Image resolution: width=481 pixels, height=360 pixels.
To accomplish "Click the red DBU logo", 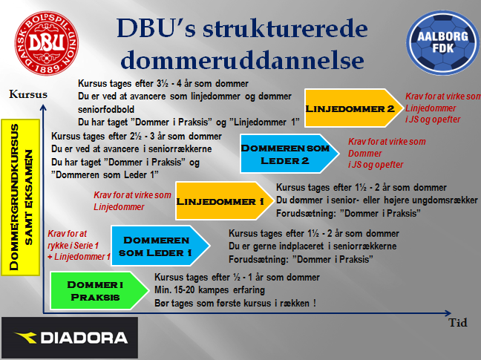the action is click(x=47, y=43).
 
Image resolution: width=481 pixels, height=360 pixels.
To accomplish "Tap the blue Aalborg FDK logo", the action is click(x=442, y=43).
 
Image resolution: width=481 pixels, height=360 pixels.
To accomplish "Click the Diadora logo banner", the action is click(x=70, y=338).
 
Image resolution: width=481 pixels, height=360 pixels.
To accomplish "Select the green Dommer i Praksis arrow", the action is click(x=99, y=291).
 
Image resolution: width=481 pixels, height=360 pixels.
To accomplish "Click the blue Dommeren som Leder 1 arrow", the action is click(x=161, y=246).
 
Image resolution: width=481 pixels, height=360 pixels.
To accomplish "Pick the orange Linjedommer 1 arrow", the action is click(x=225, y=201).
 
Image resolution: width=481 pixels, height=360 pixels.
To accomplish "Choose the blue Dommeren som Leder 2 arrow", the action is click(x=289, y=154).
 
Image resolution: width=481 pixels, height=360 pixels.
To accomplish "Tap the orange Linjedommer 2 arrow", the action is click(x=354, y=108).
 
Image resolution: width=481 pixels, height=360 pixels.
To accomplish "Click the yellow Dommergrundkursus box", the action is click(x=21, y=197).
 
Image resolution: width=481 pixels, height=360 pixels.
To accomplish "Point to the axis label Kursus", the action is click(x=28, y=94).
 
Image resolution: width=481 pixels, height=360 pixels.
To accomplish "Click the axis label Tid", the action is click(x=458, y=323).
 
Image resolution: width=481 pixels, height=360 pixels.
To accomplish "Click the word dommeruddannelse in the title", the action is click(x=242, y=59).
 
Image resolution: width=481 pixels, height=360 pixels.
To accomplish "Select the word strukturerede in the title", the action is click(x=285, y=28).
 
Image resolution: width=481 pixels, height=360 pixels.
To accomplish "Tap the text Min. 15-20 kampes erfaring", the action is click(x=209, y=289).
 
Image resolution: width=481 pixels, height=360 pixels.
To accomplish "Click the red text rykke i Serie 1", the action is click(x=73, y=245).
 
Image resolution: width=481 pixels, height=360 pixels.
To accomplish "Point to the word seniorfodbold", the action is click(x=106, y=109).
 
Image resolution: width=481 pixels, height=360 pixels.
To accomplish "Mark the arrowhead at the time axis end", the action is click(x=448, y=313).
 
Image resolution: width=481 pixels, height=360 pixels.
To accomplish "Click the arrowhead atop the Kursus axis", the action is click(x=43, y=108).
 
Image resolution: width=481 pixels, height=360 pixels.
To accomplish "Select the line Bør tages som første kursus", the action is click(x=235, y=304).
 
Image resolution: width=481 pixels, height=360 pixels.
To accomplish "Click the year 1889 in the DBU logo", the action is click(x=47, y=68).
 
